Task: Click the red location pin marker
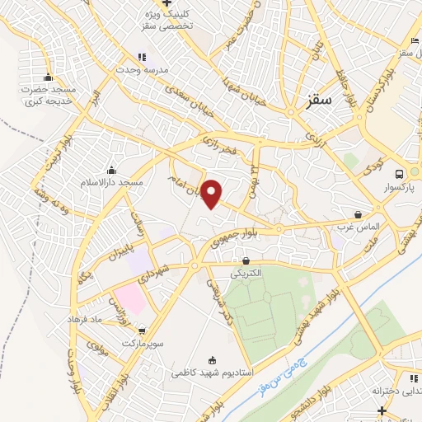(x=213, y=194)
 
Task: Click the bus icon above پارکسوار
(x=399, y=174)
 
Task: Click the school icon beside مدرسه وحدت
(x=141, y=57)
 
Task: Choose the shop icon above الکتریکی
(x=245, y=260)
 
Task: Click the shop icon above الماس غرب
(x=357, y=213)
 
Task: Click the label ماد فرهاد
(x=107, y=319)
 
